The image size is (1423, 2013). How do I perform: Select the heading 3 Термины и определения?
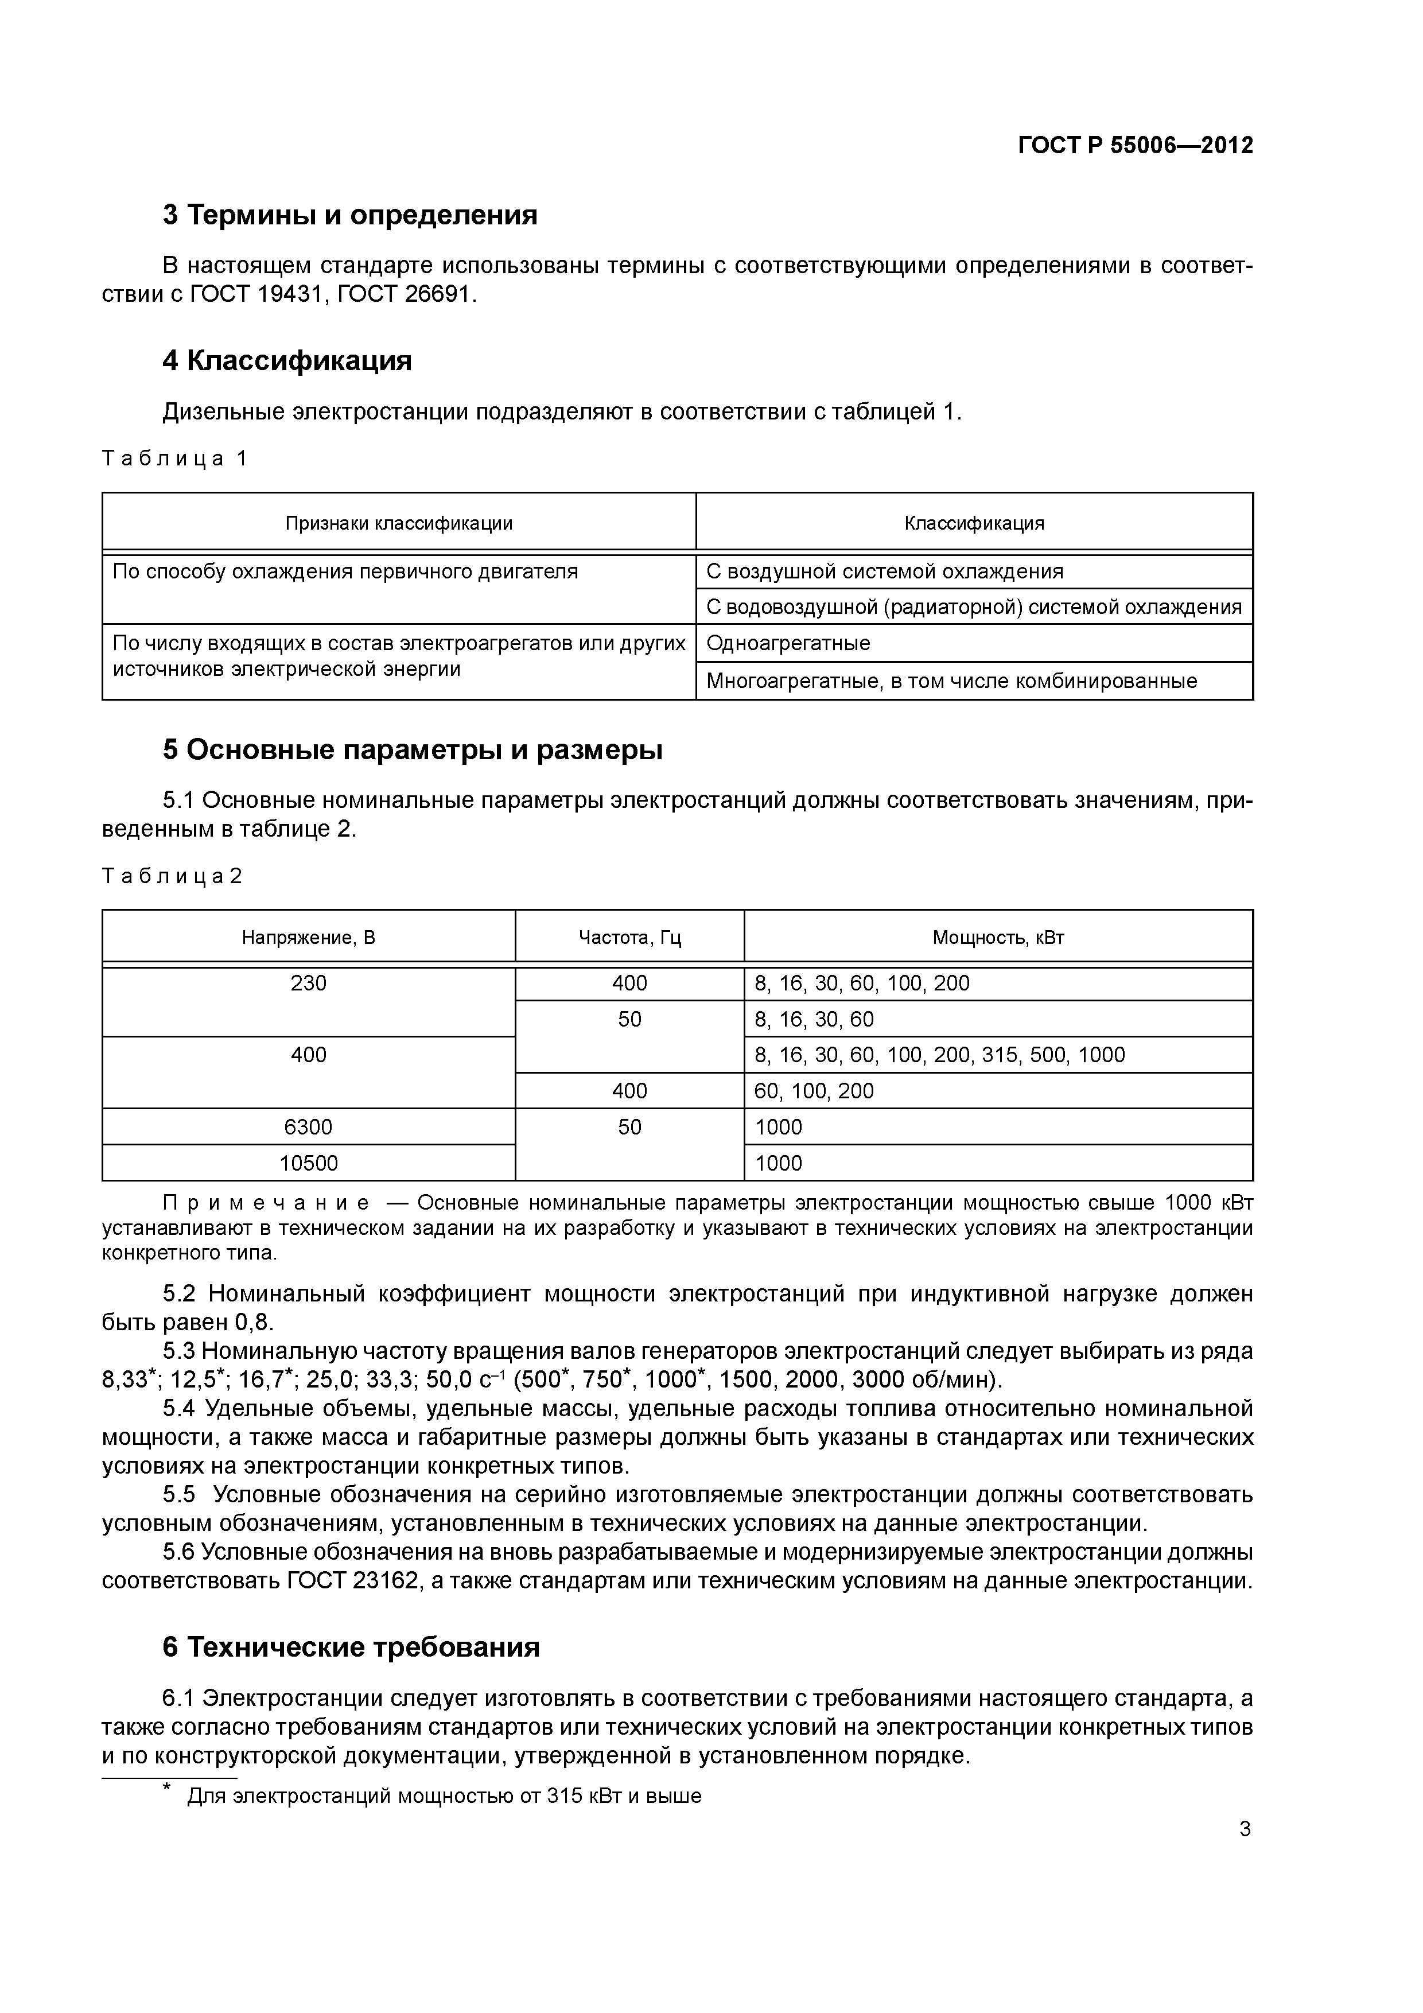click(x=350, y=215)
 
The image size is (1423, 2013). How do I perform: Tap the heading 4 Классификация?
click(x=287, y=360)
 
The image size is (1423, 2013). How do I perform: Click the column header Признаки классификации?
click(x=399, y=523)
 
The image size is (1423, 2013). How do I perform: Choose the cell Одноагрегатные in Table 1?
click(x=788, y=643)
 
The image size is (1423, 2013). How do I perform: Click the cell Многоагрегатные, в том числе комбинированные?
click(x=951, y=681)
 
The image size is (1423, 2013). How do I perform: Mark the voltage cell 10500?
click(x=309, y=1163)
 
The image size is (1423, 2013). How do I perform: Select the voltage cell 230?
click(x=309, y=984)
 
